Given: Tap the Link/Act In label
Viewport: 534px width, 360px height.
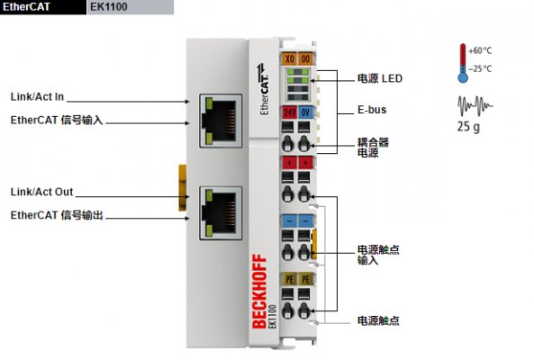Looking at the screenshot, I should pos(37,96).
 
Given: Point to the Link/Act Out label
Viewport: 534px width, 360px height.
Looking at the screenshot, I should pos(41,192).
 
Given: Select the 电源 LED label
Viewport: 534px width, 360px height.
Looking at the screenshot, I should pos(379,79).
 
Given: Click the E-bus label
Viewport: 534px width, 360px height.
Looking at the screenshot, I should pos(372,112).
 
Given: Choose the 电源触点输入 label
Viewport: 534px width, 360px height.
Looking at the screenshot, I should pos(379,254).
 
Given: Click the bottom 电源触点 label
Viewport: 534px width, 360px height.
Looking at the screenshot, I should pos(379,320).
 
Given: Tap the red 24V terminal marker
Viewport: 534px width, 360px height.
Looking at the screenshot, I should pos(290,112).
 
